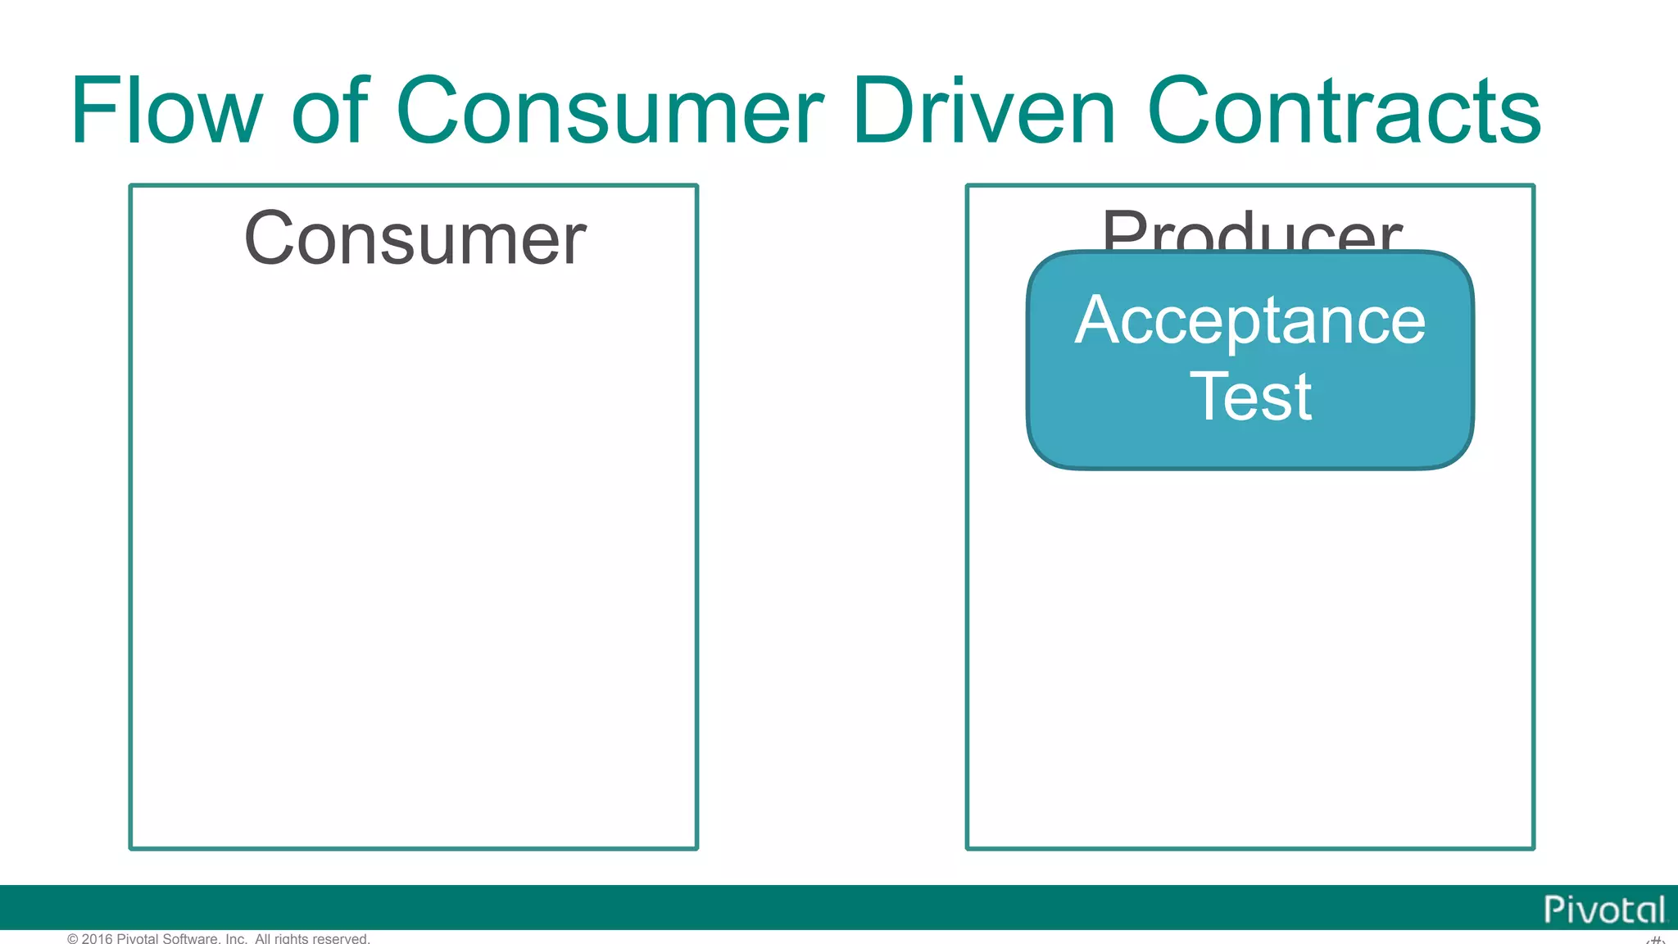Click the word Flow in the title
pyautogui.click(x=166, y=111)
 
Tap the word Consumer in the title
pyautogui.click(x=610, y=112)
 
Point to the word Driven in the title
pyautogui.click(x=984, y=111)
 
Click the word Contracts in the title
pyautogui.click(x=1344, y=112)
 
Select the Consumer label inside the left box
pyautogui.click(x=415, y=238)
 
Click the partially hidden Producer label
pyautogui.click(x=1251, y=230)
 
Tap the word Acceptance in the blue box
pyautogui.click(x=1250, y=322)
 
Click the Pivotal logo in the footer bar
pyautogui.click(x=1603, y=910)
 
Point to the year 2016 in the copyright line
pyautogui.click(x=97, y=938)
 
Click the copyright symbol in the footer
pyautogui.click(x=73, y=938)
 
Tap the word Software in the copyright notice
pyautogui.click(x=191, y=938)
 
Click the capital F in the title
pyautogui.click(x=91, y=111)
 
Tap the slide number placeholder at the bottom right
pyautogui.click(x=1655, y=939)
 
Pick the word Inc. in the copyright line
pyautogui.click(x=236, y=938)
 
